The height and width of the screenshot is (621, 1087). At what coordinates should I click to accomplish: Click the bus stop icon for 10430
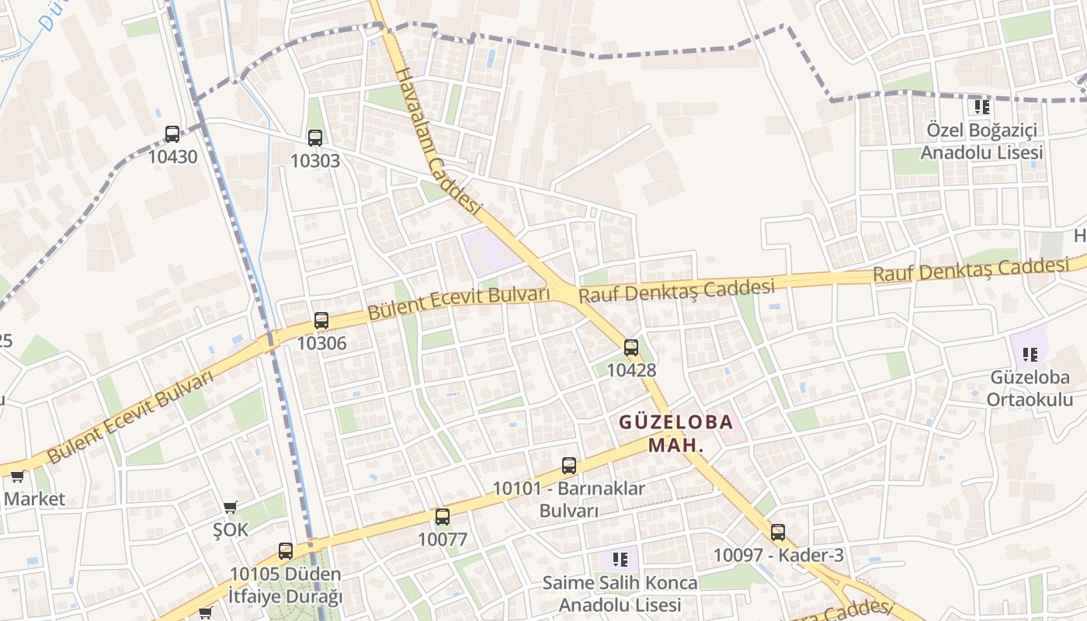pos(172,134)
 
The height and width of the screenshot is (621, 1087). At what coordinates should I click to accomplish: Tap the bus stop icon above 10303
pos(314,138)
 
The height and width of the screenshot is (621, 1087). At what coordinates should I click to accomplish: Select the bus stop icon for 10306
pos(321,320)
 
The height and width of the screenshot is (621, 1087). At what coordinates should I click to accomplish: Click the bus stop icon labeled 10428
pos(631,348)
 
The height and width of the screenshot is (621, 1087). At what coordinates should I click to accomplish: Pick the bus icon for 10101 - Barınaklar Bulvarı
pos(569,466)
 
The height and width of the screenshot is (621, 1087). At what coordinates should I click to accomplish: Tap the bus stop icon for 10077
pos(443,516)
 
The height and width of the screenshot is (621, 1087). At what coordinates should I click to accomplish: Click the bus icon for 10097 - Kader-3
pos(778,533)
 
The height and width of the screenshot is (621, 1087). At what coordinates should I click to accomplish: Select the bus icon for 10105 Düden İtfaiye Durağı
pos(286,551)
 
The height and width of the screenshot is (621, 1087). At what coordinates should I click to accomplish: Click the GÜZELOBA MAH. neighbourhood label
pos(675,434)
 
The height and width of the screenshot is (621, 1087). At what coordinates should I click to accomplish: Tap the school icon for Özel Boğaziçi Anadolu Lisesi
pos(981,106)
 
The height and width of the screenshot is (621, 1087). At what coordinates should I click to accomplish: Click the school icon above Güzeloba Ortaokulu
pos(1030,355)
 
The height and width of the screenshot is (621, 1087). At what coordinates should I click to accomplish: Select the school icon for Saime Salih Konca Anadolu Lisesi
pos(620,559)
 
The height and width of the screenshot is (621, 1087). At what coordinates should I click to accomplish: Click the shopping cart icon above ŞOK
pos(230,508)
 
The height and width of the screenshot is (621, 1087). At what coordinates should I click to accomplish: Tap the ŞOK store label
pos(231,529)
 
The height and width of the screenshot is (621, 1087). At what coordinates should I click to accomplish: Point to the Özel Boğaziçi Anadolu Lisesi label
pos(981,141)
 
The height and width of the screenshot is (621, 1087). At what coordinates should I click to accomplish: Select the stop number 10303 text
pos(314,161)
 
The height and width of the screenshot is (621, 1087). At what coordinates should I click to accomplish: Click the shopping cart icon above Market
pos(17,476)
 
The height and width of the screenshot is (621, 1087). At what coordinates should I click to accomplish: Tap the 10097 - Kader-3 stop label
pos(778,555)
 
